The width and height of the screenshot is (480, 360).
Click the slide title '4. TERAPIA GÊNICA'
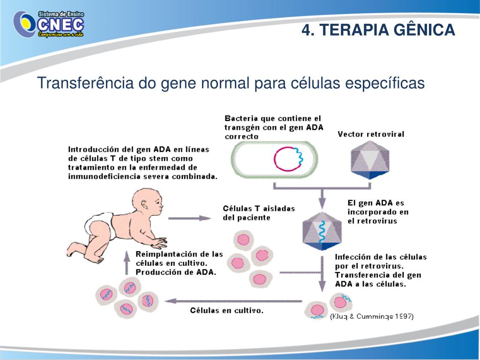click(x=378, y=30)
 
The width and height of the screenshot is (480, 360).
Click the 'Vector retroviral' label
click(x=371, y=135)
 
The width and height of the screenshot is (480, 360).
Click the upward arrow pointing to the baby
click(x=126, y=263)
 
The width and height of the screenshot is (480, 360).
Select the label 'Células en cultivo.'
click(x=226, y=310)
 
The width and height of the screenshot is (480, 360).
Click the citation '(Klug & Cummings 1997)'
click(x=372, y=316)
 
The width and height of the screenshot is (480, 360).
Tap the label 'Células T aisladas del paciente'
click(x=259, y=213)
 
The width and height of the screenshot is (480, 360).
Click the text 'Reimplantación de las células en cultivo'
click(x=179, y=259)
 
